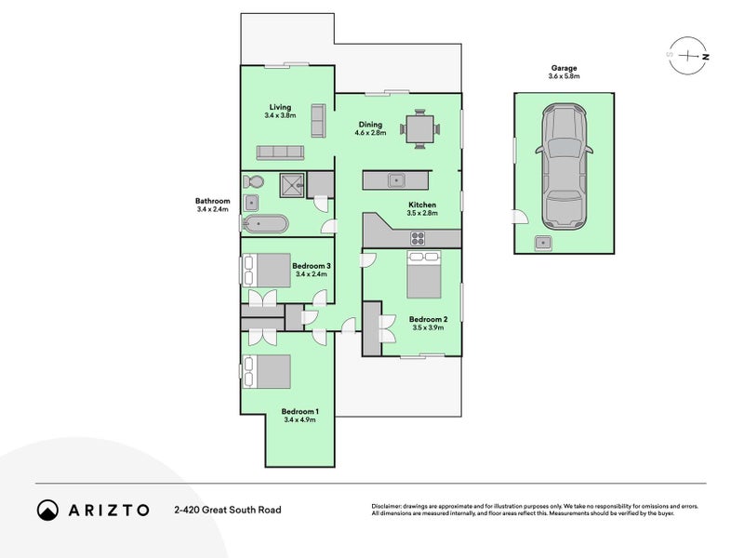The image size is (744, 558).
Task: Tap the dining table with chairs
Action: (x=420, y=128)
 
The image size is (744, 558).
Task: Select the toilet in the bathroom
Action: (x=256, y=182)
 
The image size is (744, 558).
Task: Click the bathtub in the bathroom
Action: (x=265, y=224)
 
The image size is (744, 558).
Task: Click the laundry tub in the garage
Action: (x=543, y=243)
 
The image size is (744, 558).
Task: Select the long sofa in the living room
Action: (x=280, y=153)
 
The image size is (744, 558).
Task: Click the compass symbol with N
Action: (x=688, y=55)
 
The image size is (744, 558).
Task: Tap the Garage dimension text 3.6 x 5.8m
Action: (x=564, y=77)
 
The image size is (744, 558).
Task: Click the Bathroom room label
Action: (x=212, y=201)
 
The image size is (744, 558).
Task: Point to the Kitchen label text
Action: (x=421, y=205)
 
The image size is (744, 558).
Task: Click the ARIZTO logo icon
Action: (x=47, y=510)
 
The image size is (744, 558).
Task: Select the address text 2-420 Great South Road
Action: (x=227, y=510)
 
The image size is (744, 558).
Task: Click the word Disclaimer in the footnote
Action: (x=390, y=506)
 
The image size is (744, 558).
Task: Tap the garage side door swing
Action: (x=519, y=219)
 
